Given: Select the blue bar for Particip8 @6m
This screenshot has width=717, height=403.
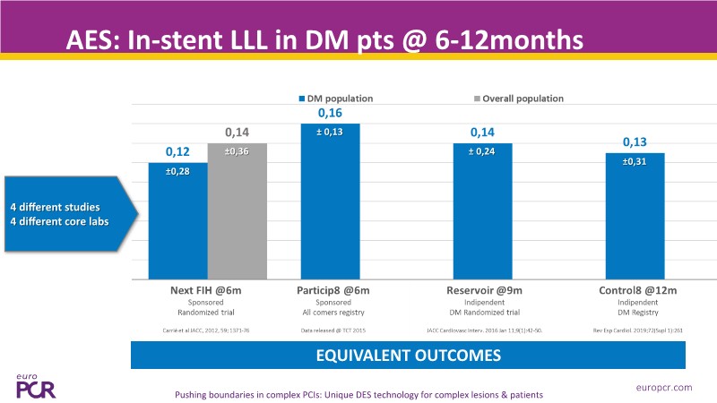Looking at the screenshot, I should pyautogui.click(x=331, y=201).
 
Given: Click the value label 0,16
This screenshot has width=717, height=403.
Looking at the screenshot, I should pyautogui.click(x=331, y=114).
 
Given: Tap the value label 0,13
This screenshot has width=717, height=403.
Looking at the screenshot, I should pyautogui.click(x=635, y=142).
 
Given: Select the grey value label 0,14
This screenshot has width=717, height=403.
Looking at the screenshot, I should pyautogui.click(x=237, y=133).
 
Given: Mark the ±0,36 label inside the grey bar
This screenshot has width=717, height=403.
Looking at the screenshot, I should pyautogui.click(x=237, y=151).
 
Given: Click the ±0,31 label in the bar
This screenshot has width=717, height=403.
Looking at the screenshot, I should pyautogui.click(x=634, y=161).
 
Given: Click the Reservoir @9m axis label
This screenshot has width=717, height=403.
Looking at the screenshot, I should pyautogui.click(x=482, y=290).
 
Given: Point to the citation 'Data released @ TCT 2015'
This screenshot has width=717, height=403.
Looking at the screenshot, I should pyautogui.click(x=331, y=330).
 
